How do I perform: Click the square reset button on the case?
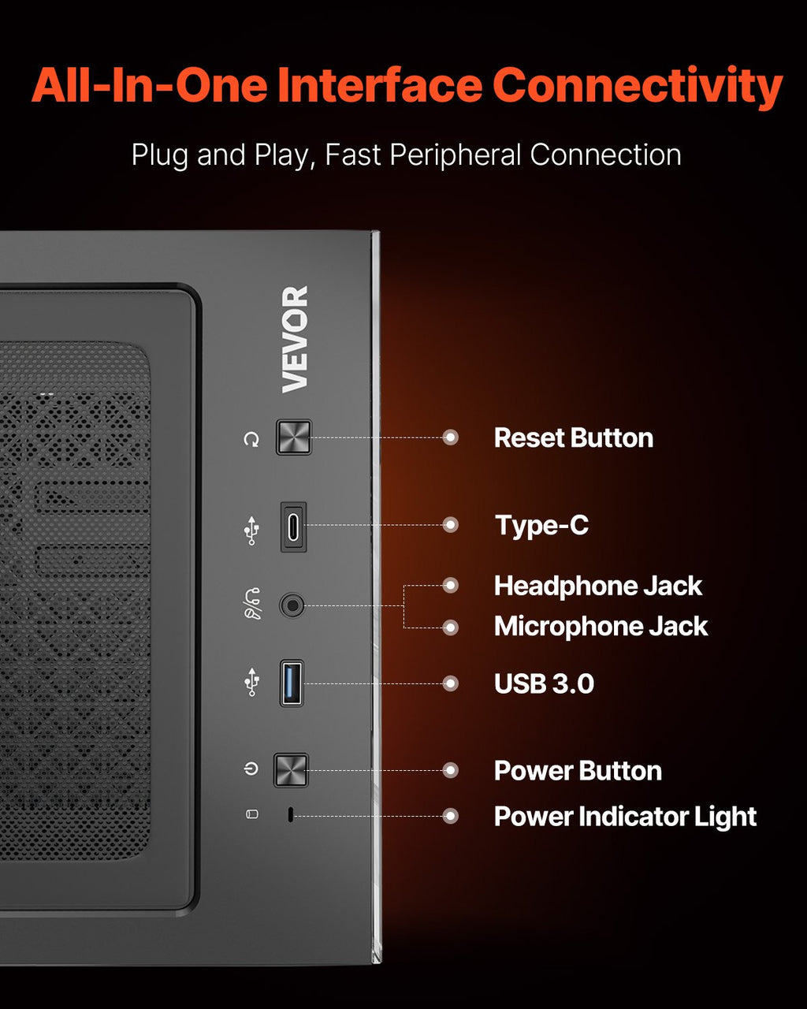pos(293,437)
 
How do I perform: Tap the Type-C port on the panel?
pos(293,527)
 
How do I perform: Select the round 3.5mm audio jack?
pos(292,605)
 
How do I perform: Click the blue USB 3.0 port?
pos(292,683)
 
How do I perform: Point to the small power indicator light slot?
pos(291,815)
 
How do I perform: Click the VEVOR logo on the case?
pos(295,339)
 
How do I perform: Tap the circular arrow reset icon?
pos(251,439)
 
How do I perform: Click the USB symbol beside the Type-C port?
pos(252,531)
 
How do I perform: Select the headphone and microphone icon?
pos(253,604)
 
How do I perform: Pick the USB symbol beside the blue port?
pos(252,682)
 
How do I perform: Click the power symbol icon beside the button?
pos(251,769)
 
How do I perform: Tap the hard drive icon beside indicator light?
pos(252,814)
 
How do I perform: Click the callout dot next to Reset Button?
pos(451,437)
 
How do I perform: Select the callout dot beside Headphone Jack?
pos(451,585)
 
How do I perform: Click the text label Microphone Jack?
pos(601,627)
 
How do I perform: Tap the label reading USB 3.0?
pos(544,683)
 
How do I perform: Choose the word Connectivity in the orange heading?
pos(638,87)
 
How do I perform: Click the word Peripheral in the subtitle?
pos(456,155)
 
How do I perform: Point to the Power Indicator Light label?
pos(625,817)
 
